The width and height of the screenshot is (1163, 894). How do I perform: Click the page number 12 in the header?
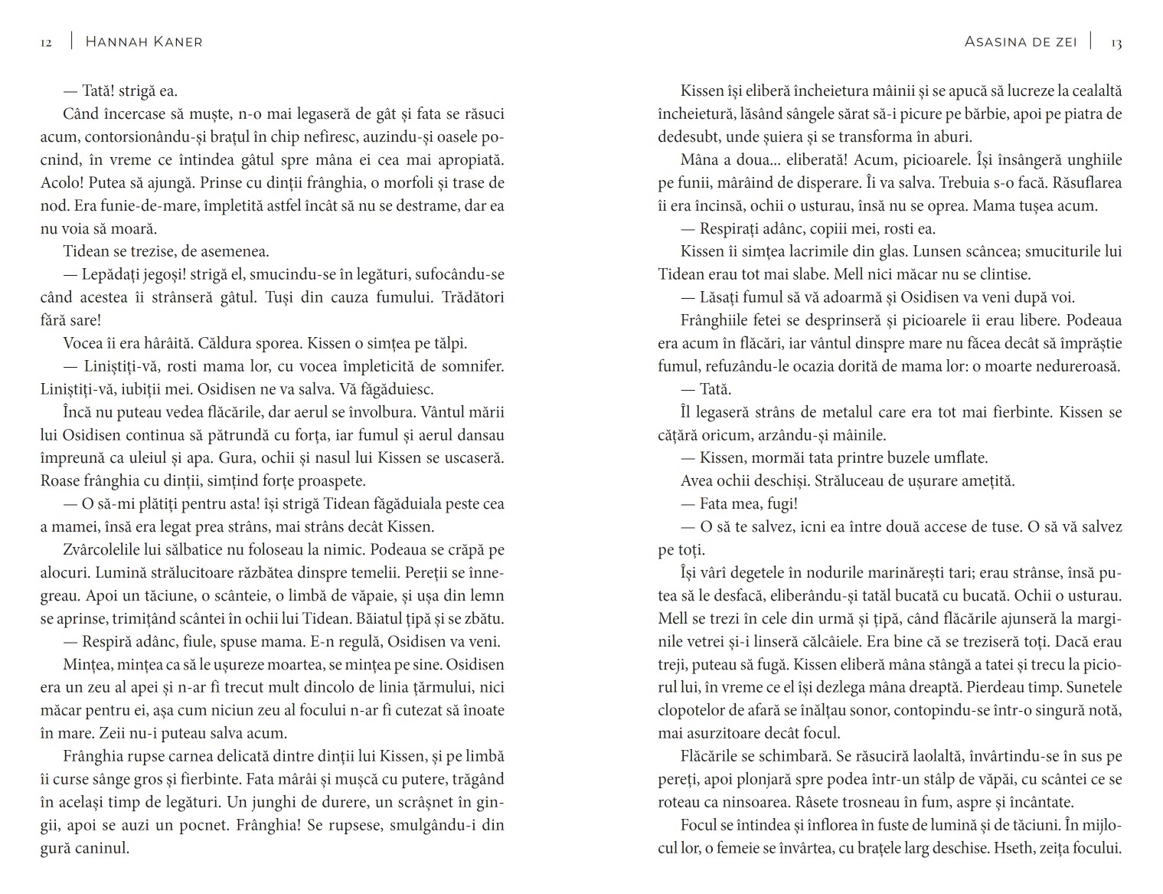pos(46,43)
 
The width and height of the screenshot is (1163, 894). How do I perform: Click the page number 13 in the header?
pos(1116,43)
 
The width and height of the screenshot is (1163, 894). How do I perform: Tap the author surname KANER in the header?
pos(175,42)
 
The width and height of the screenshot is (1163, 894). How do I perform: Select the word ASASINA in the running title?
pos(995,42)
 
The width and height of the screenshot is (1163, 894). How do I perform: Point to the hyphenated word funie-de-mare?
pos(126,206)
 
